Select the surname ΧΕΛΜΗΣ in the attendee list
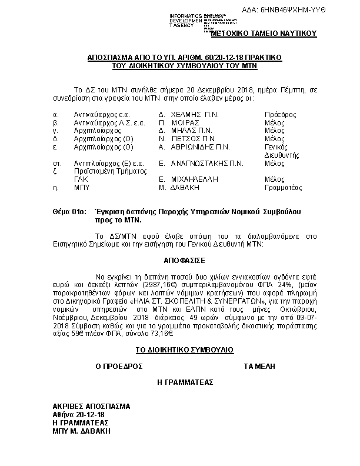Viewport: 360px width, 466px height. tap(189, 114)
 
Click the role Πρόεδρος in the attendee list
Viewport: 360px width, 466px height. tap(281, 114)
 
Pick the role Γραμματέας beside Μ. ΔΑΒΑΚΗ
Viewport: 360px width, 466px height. tap(284, 188)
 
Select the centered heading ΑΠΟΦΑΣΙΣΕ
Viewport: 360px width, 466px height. tap(181, 258)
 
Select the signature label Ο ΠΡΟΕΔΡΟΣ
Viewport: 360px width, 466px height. tap(119, 366)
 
